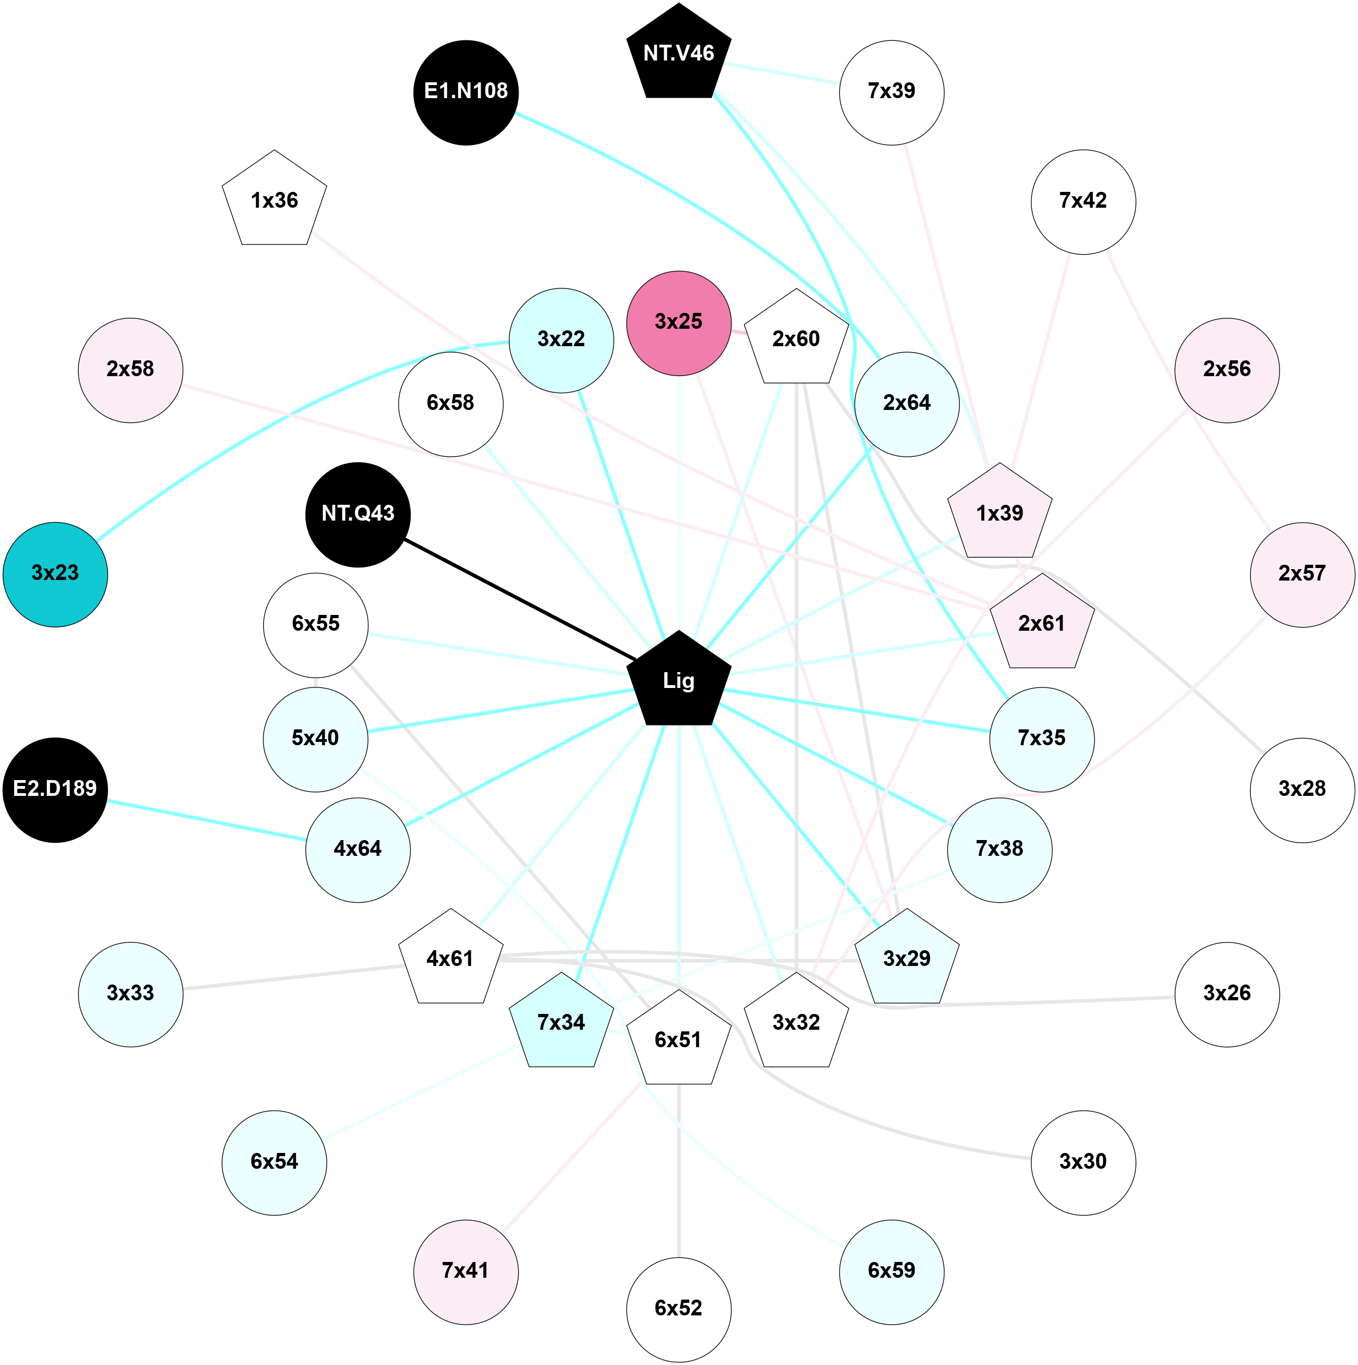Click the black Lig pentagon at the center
tap(678, 681)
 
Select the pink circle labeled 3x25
tap(678, 323)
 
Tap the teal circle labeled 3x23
tap(55, 573)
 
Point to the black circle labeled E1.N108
tap(466, 93)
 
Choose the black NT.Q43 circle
tap(358, 515)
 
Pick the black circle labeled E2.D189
tap(55, 789)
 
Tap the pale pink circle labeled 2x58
tap(130, 370)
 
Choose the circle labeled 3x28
tap(1302, 789)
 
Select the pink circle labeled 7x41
tap(466, 1272)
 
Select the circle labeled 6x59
tap(892, 1272)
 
